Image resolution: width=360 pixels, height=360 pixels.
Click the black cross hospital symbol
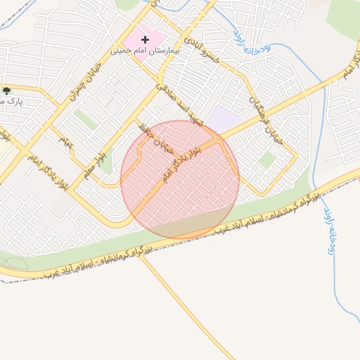tap(146, 40)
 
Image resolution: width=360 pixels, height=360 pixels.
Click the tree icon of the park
tap(6, 91)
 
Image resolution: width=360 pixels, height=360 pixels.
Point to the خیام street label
tap(65, 142)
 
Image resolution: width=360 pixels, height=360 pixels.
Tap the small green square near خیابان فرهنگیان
tap(266, 160)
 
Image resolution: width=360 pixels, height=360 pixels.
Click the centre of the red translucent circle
tap(180, 179)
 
